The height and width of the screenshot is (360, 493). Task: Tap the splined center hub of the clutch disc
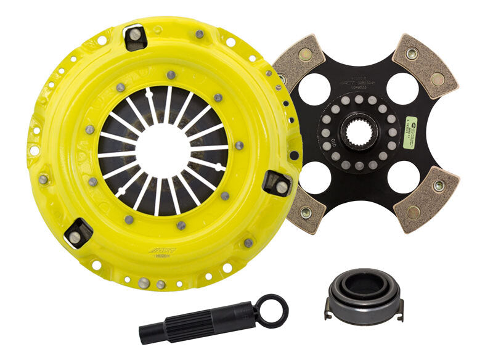358,133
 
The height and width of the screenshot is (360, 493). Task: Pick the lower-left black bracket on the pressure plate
78,232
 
